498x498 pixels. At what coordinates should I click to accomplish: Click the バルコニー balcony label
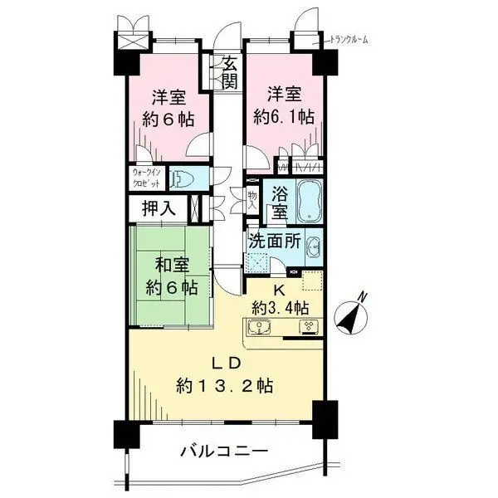[225, 452]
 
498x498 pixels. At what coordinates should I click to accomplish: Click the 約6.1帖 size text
[285, 116]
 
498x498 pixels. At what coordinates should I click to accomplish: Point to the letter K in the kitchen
[279, 290]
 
